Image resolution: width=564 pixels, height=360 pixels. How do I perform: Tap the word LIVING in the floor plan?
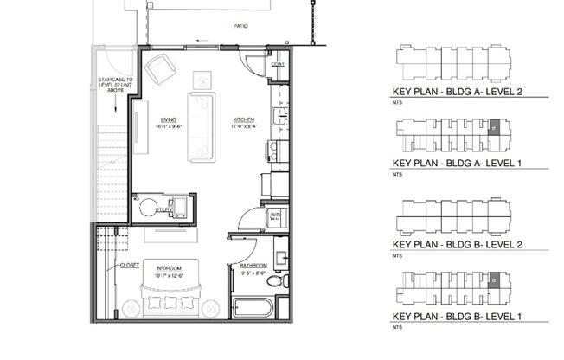169,119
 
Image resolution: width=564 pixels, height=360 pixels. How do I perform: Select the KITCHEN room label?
242,119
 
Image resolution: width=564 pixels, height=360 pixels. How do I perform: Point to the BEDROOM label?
169,268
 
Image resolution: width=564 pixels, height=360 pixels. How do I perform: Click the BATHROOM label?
253,266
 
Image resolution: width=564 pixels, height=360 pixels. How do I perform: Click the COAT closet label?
278,65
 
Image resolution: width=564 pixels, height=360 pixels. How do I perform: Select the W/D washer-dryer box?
275,215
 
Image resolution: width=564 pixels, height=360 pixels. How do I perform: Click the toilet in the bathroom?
274,284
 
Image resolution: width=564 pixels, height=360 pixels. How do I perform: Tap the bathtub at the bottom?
252,308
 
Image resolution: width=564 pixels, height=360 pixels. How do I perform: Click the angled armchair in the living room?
162,70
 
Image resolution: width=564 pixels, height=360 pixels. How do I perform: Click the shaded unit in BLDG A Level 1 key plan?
496,127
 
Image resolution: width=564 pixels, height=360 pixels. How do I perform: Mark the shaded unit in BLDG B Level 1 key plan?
496,280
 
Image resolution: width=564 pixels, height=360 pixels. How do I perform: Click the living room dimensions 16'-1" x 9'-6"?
169,126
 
